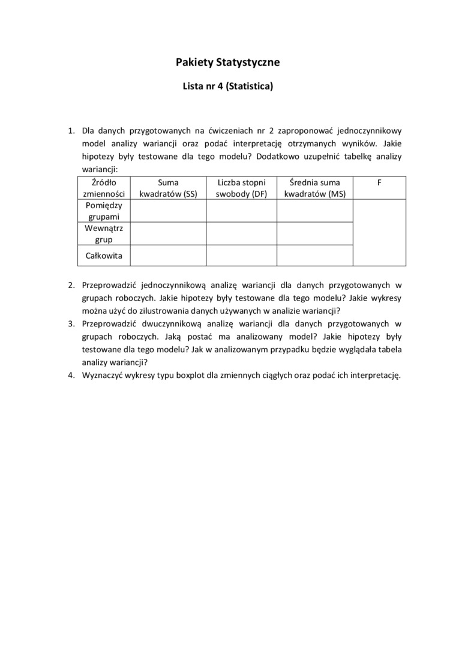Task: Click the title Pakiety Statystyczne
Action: click(227, 62)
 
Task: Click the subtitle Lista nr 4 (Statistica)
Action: click(227, 86)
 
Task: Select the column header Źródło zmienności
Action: click(104, 187)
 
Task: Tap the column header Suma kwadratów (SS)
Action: click(168, 187)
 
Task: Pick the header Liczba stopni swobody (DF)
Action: click(241, 187)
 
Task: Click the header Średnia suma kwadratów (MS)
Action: click(314, 187)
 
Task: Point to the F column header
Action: click(379, 181)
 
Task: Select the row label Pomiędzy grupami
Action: click(104, 210)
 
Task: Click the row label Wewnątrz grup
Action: click(104, 233)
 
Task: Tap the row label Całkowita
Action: click(104, 256)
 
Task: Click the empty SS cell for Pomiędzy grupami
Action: click(168, 210)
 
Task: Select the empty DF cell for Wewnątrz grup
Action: click(241, 233)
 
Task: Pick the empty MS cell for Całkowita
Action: click(314, 256)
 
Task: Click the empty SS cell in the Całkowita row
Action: click(168, 256)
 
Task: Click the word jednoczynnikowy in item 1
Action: click(368, 130)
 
